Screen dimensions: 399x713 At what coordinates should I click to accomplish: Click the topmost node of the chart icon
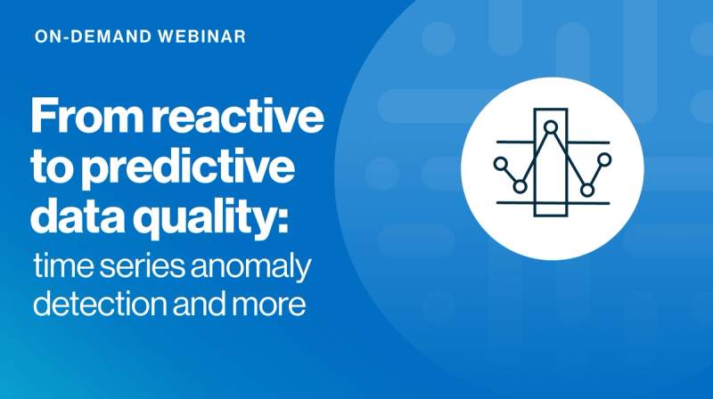point(552,128)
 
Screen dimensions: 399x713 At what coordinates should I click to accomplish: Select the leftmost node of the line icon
point(500,164)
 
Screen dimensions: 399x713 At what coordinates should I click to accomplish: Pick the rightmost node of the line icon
point(605,159)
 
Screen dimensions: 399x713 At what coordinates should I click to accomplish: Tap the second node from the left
point(520,186)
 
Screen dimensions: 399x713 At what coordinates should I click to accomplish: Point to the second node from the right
point(586,189)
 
